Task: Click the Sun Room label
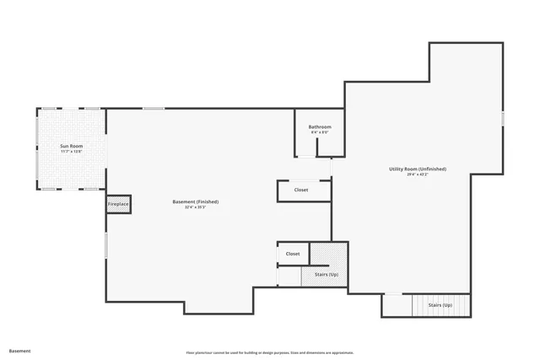point(71,146)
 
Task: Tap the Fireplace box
point(118,204)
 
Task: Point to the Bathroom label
point(320,126)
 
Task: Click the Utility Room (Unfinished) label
point(418,169)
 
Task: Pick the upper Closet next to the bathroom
point(301,191)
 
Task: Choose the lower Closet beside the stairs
point(293,254)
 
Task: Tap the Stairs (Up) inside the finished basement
point(327,275)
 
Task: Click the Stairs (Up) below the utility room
point(440,304)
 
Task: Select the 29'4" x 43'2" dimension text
point(418,175)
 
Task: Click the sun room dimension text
point(71,152)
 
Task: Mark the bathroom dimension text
point(320,132)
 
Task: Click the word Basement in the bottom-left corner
point(19,350)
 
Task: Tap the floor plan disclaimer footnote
point(270,352)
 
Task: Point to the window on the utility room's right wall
point(502,119)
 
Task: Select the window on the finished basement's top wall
point(154,108)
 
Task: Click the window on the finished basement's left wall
point(105,245)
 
